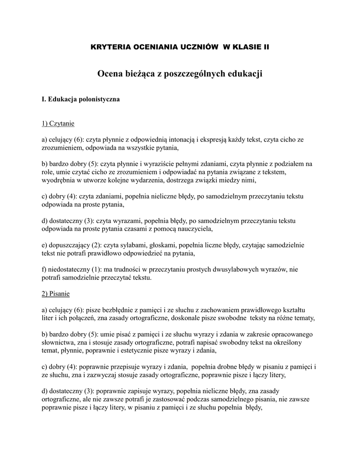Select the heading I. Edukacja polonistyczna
pyautogui.click(x=81, y=100)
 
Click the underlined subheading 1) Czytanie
pyautogui.click(x=58, y=123)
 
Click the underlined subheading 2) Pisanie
pyautogui.click(x=56, y=294)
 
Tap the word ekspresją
pyautogui.click(x=220, y=140)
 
